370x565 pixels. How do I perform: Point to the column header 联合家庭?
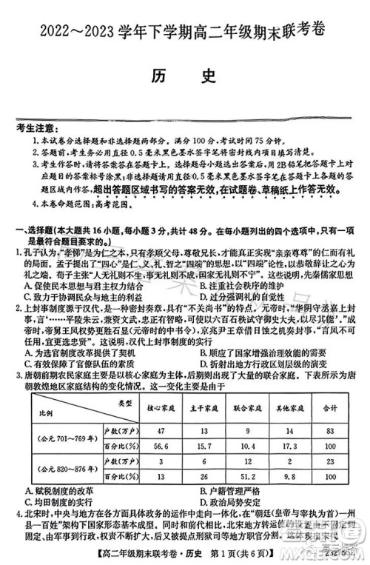249,407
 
